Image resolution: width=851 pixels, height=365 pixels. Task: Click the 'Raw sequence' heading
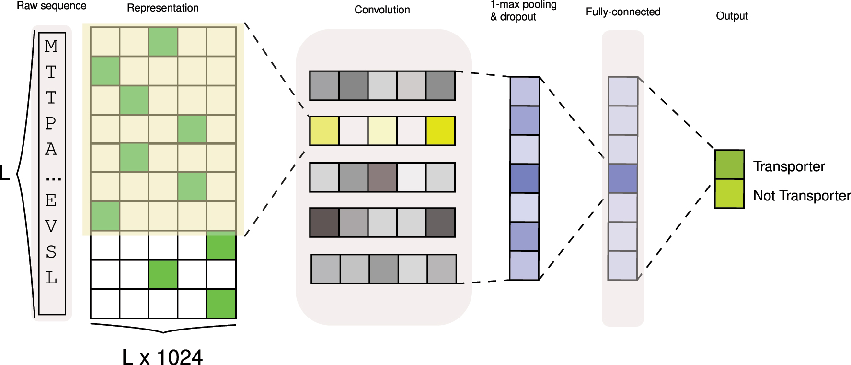[x=52, y=6]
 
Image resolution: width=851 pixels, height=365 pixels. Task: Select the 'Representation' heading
[x=162, y=8]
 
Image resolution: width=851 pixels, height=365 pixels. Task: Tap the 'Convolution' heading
[x=382, y=10]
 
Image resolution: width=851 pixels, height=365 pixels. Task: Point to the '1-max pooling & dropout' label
[x=523, y=11]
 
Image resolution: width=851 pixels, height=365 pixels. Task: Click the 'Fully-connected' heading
[x=623, y=12]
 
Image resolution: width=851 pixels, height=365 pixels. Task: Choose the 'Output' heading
[x=732, y=16]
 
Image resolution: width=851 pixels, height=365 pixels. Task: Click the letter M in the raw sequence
[x=51, y=47]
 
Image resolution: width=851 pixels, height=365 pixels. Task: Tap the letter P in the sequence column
[x=51, y=124]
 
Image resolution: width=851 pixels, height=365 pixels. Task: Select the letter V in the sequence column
[x=51, y=226]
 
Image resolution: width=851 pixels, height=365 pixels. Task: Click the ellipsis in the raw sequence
[x=53, y=179]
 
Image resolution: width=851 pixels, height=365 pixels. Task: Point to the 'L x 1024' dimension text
[x=162, y=357]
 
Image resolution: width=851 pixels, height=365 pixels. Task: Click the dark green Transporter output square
[x=729, y=165]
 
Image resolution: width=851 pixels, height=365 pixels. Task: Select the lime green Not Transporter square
[x=729, y=194]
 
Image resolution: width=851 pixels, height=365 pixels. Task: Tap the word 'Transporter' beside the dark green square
[x=789, y=166]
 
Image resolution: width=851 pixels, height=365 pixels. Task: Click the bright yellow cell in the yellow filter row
[x=440, y=131]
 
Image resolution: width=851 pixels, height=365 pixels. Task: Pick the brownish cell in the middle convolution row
[x=382, y=177]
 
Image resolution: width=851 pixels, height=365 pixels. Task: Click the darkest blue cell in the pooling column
[x=525, y=178]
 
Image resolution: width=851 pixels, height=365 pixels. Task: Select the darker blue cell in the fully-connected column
[x=623, y=178]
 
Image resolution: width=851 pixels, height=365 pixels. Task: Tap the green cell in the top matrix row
[x=163, y=42]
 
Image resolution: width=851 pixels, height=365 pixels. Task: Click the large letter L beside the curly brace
[x=5, y=173]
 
